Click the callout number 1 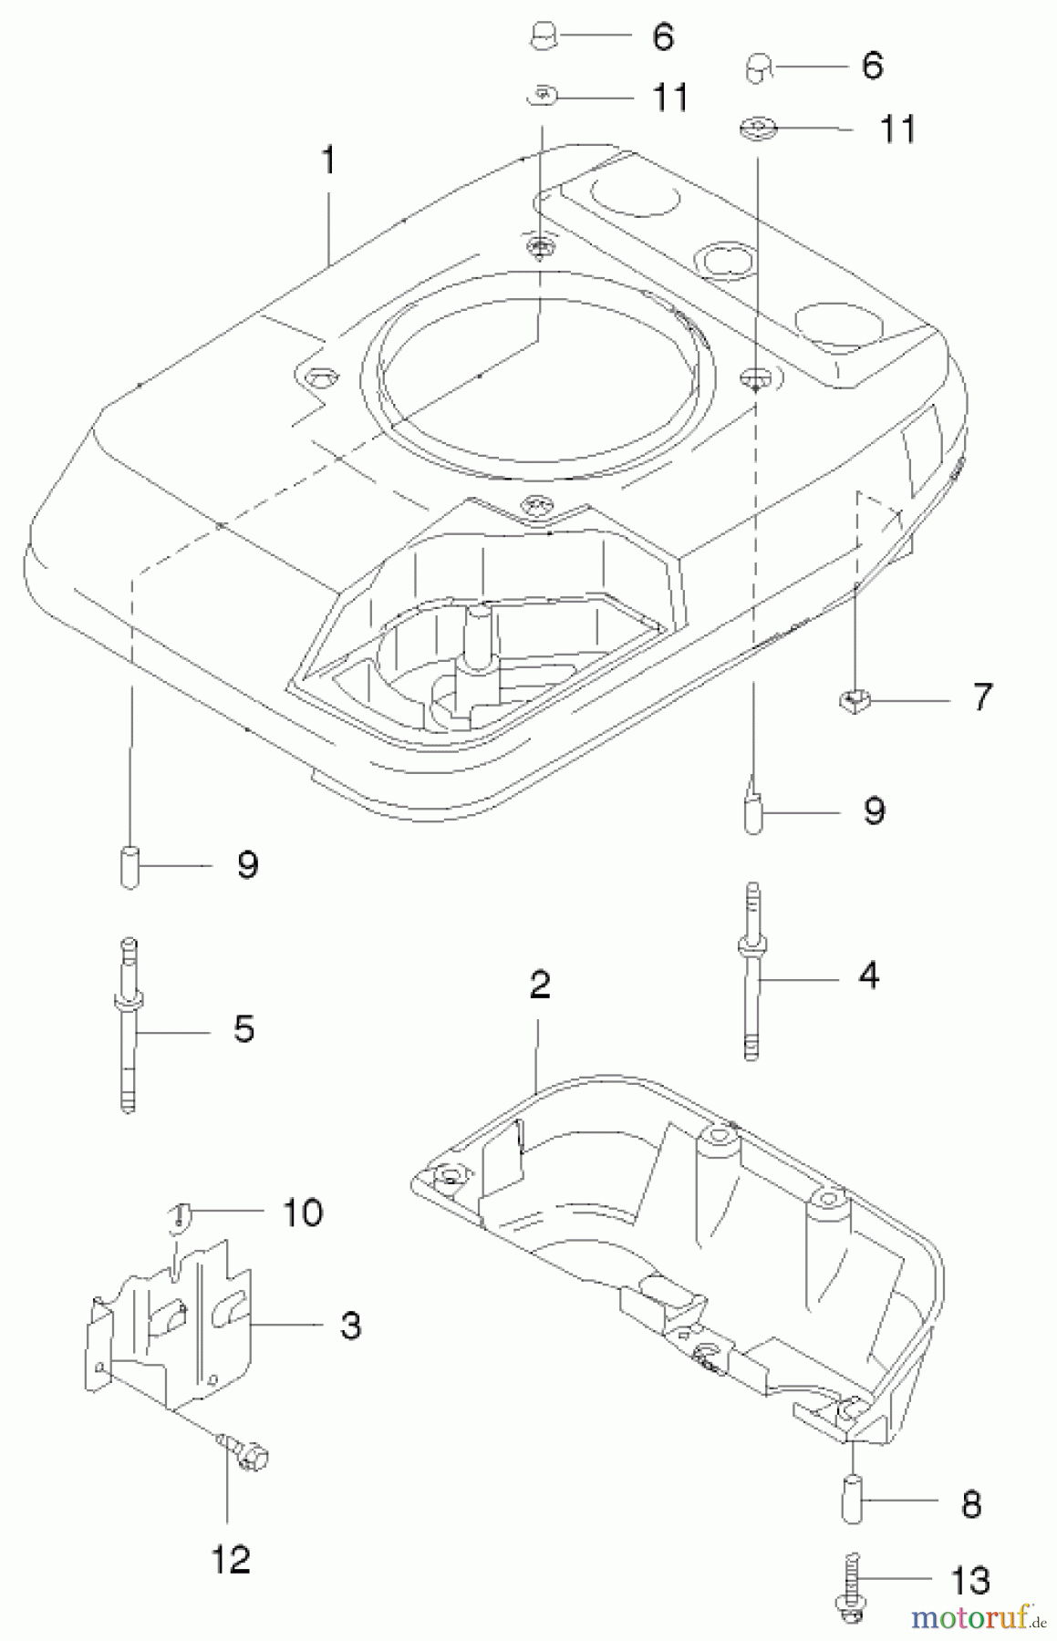[328, 161]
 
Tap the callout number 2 [539, 985]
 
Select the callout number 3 [350, 1325]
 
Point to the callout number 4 [869, 975]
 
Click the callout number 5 [244, 1028]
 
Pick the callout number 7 [981, 697]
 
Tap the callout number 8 [971, 1504]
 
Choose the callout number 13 [970, 1580]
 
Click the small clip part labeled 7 [853, 701]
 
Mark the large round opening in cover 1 [538, 360]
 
